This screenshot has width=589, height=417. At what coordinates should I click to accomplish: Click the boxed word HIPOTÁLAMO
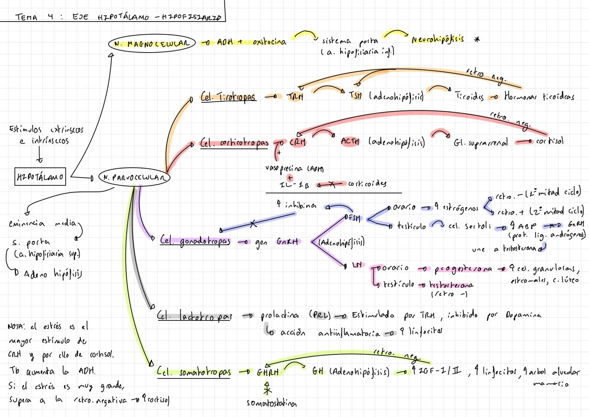click(x=40, y=177)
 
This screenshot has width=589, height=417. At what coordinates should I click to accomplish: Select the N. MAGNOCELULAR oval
click(x=152, y=43)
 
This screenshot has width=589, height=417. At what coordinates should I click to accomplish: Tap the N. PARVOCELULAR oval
click(x=134, y=178)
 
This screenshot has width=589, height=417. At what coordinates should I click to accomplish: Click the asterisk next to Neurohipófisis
click(x=477, y=40)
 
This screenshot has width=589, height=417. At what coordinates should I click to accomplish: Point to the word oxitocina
click(x=269, y=42)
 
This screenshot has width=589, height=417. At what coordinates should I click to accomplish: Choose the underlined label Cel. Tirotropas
click(x=228, y=97)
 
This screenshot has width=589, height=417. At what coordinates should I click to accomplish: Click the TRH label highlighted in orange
click(x=295, y=97)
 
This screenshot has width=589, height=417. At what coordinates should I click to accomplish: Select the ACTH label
click(x=350, y=141)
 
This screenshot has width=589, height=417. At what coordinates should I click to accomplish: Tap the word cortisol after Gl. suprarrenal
click(x=550, y=141)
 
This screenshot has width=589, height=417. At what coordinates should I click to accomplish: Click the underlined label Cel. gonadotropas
click(x=195, y=241)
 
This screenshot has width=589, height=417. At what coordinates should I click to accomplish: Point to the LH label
click(x=358, y=265)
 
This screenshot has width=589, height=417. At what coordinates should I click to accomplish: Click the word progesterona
click(x=463, y=269)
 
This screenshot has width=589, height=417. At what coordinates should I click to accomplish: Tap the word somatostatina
click(x=272, y=403)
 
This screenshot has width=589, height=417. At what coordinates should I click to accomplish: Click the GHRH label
click(x=268, y=372)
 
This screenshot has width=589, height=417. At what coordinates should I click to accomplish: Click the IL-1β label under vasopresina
click(x=294, y=185)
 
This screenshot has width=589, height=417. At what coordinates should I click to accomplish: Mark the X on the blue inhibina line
click(x=253, y=224)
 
